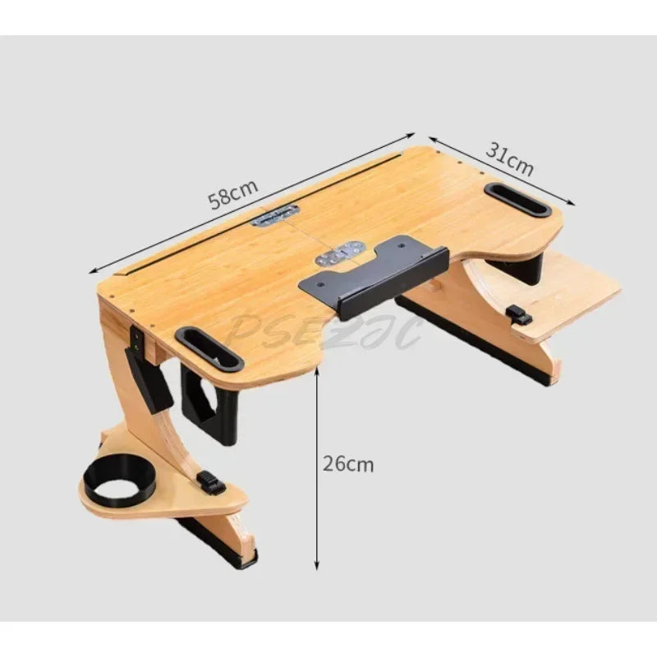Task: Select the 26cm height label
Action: (347, 464)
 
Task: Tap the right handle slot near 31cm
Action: (517, 200)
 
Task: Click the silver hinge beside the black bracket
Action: (338, 252)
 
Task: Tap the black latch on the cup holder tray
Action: (211, 485)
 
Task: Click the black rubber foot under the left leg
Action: (238, 558)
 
